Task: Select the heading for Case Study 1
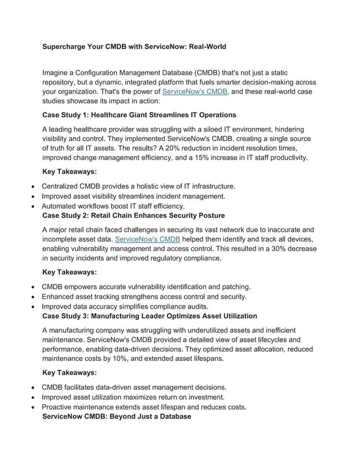click(131, 115)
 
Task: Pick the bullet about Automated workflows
click(113, 206)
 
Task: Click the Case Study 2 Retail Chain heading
click(134, 216)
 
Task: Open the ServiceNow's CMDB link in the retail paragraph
click(147, 239)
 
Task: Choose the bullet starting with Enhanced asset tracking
click(144, 297)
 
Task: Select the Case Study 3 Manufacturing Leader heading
click(150, 316)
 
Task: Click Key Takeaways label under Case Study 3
click(69, 372)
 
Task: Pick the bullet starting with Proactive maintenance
click(143, 407)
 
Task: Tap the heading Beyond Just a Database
click(117, 416)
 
